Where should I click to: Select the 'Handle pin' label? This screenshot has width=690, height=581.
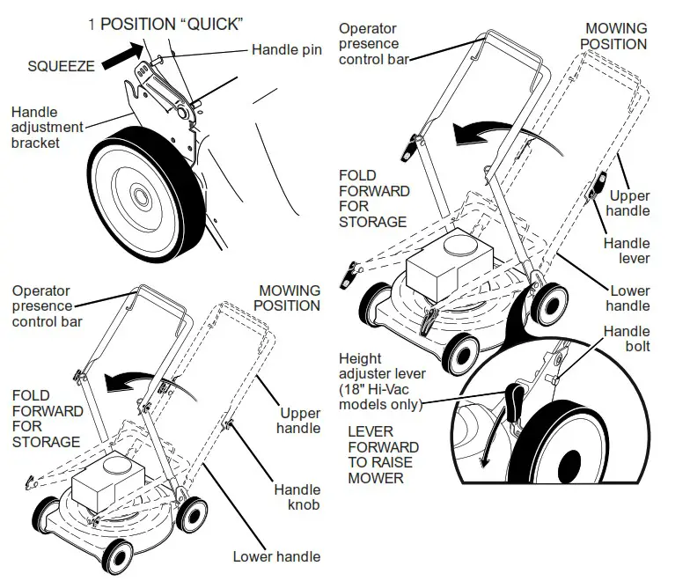click(x=286, y=49)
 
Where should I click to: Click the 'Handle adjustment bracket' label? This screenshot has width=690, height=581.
click(x=48, y=127)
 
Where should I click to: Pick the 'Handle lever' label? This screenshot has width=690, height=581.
click(x=627, y=251)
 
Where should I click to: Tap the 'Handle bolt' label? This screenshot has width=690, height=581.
click(x=627, y=339)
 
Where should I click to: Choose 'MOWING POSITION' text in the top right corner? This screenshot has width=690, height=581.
click(x=616, y=37)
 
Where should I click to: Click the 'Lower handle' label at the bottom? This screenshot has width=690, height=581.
click(x=276, y=556)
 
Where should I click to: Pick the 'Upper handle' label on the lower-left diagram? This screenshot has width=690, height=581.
click(x=299, y=420)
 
